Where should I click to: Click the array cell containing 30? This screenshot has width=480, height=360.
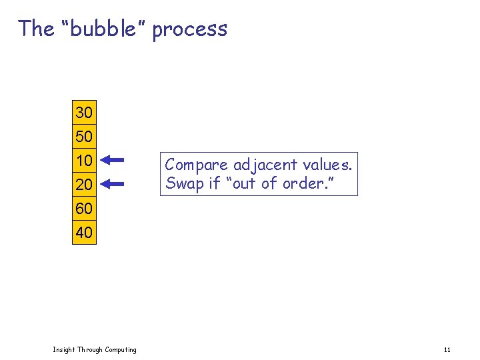(x=84, y=112)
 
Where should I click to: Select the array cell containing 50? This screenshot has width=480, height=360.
(x=84, y=137)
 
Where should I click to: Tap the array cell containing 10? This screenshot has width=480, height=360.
(x=84, y=161)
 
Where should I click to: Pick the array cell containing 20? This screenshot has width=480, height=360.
(x=84, y=184)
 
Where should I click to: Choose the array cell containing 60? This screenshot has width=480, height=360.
(x=84, y=209)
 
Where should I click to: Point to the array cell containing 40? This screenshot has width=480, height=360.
(x=84, y=233)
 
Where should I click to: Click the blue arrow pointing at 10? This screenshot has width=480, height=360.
(x=115, y=160)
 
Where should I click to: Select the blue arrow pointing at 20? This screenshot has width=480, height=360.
(x=115, y=184)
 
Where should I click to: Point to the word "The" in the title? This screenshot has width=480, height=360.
(x=36, y=29)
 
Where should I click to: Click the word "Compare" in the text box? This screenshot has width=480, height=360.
(x=197, y=165)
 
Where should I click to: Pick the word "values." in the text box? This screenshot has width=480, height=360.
(x=327, y=165)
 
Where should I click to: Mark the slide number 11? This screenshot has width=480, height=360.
(x=447, y=350)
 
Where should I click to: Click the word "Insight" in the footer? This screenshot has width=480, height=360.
(x=64, y=350)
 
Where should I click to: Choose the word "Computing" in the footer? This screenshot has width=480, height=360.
(x=120, y=350)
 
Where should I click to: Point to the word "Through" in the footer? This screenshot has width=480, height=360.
(x=90, y=350)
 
